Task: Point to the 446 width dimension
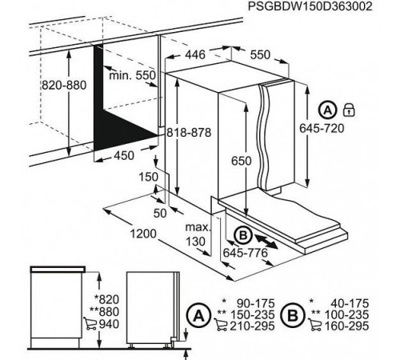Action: [x=197, y=55]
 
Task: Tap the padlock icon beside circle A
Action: [x=348, y=109]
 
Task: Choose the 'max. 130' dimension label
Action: [x=198, y=235]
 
